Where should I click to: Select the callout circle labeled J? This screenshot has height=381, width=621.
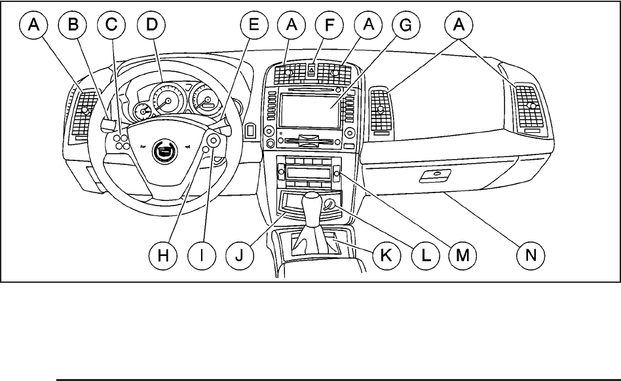(x=238, y=256)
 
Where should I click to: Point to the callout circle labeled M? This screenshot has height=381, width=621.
(x=464, y=256)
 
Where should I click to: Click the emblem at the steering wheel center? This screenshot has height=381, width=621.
(x=161, y=153)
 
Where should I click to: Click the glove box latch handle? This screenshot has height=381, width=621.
(x=434, y=175)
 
